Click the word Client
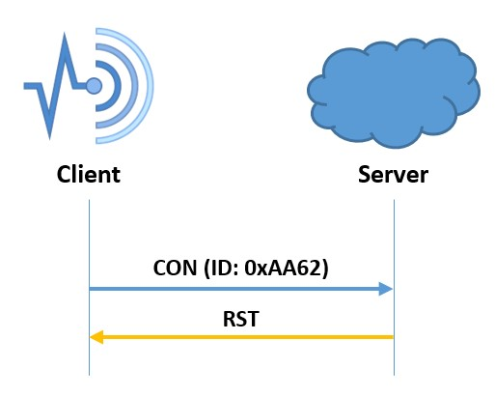(89, 174)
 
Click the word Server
(393, 174)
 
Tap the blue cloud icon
(394, 93)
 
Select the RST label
(241, 319)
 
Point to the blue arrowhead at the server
(386, 289)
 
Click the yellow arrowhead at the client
(96, 337)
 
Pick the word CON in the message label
(175, 268)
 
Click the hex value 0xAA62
(283, 268)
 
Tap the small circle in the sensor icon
(94, 86)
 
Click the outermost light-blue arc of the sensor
(151, 86)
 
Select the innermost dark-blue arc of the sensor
(119, 86)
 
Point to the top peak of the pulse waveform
(65, 35)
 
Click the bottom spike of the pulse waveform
(49, 137)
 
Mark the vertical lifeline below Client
(89, 287)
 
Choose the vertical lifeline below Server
(394, 287)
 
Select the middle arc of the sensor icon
(135, 86)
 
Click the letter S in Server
(365, 174)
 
